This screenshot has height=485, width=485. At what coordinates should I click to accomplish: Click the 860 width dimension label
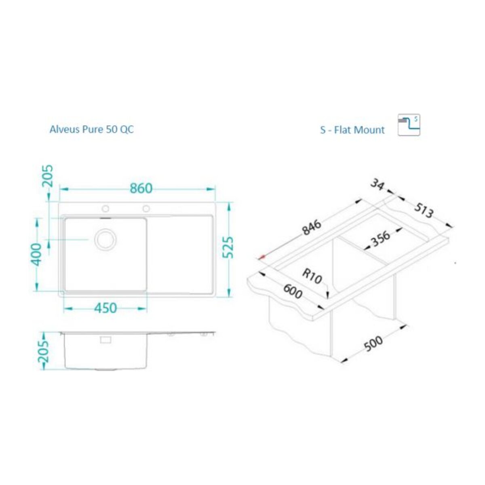pos(141,188)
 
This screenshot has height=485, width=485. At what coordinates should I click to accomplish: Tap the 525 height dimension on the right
pos(228,247)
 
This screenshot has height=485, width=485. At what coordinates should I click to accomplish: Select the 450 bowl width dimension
pos(105,308)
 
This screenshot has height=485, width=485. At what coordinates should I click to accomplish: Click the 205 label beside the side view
pos(43,352)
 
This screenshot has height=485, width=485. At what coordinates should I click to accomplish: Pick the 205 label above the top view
pos(48,176)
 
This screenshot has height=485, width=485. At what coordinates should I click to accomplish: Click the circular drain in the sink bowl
pos(106,239)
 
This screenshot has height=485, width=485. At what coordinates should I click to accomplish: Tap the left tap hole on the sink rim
pos(105,209)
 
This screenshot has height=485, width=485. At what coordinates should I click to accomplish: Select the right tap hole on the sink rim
pos(146,209)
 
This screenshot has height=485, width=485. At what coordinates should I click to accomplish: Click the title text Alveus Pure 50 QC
pos(92,129)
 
